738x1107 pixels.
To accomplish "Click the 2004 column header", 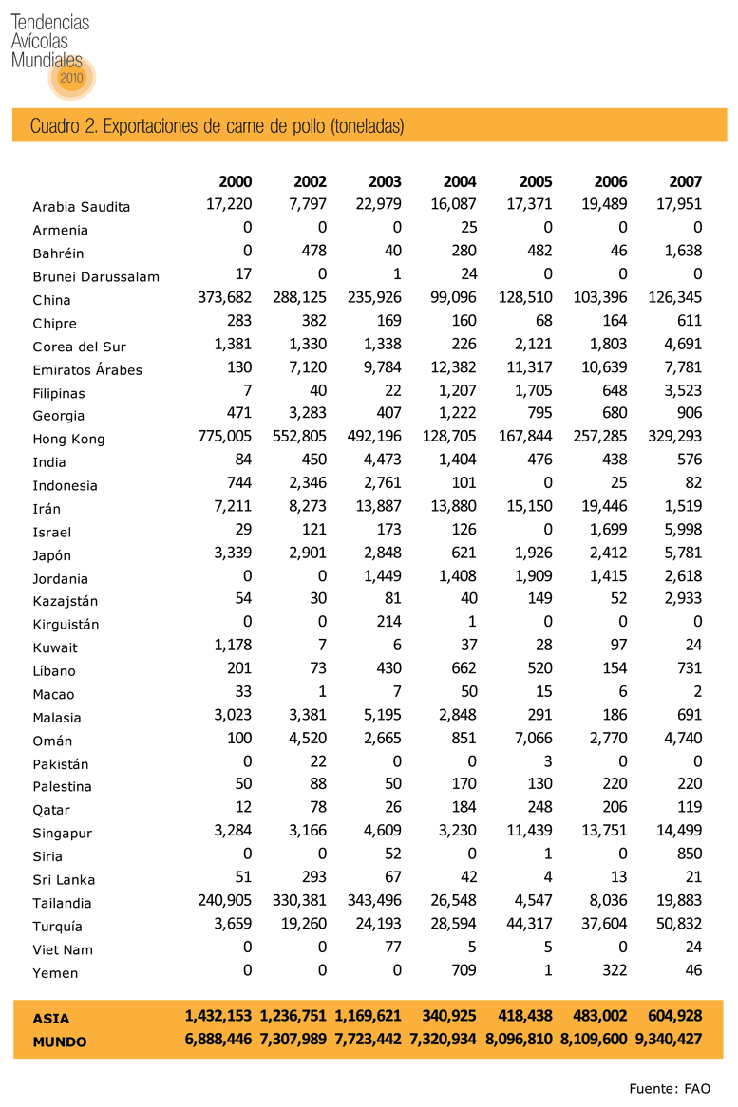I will coord(460,182).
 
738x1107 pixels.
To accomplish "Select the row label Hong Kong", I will coord(68,440).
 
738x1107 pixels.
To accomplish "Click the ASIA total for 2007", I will coord(670,1017).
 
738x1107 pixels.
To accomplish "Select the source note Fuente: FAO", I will coord(670,1088).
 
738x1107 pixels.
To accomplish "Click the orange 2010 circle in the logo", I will coord(72,78).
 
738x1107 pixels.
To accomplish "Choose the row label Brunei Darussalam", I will coord(96,277).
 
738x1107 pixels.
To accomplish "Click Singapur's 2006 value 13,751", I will coord(604,832).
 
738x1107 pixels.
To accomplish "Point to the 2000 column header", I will coord(236,182).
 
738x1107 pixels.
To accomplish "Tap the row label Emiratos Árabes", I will coord(87,370).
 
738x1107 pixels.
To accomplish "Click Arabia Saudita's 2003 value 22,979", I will coord(378,205).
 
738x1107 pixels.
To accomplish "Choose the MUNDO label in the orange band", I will coord(59,1041).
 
